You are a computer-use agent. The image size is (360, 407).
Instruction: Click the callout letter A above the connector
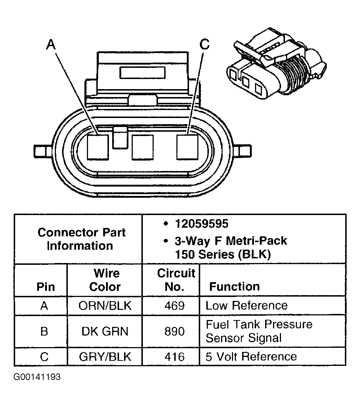point(51,44)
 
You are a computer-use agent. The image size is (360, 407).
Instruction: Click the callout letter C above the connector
point(204,44)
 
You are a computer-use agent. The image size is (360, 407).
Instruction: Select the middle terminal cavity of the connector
point(143,147)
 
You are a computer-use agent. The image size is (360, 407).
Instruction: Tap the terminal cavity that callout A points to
point(98,147)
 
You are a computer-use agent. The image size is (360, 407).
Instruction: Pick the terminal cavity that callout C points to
point(187,147)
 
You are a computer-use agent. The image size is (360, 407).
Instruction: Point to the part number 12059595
point(201,224)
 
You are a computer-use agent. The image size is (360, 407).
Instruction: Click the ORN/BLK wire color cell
point(105,306)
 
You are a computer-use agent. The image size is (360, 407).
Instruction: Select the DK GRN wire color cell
point(105,331)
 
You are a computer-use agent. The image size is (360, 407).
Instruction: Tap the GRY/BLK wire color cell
point(105,356)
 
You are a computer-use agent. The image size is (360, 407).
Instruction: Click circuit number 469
point(174,306)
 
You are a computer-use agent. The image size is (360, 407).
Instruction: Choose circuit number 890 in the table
point(174,331)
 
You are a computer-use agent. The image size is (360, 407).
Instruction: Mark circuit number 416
point(174,356)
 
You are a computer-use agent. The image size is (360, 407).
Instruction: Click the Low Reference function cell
point(246,306)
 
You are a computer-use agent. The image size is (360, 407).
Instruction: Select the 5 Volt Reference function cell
point(251,356)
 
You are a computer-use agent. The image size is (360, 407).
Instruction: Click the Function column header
point(234,286)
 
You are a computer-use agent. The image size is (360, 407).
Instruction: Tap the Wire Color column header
point(105,280)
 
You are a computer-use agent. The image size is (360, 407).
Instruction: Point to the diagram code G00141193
point(37,377)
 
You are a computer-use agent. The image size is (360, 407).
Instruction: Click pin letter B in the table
point(44,331)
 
